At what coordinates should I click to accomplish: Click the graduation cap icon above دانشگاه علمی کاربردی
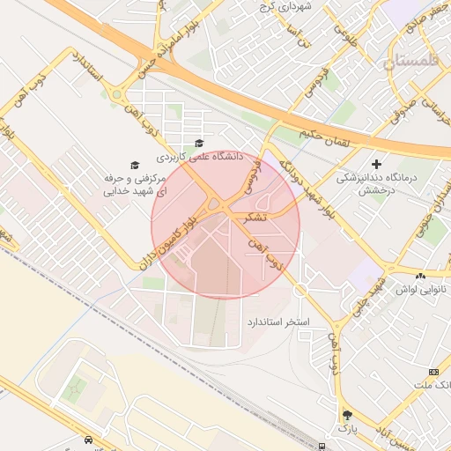[199, 144]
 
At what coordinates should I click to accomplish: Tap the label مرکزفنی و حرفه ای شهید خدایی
[132, 183]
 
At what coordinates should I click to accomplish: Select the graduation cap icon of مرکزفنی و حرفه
[135, 165]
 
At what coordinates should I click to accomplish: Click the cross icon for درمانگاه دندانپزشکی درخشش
[377, 164]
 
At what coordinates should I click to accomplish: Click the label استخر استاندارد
[277, 323]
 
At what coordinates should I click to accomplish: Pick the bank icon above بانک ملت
[433, 372]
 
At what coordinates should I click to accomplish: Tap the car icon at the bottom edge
[88, 440]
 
